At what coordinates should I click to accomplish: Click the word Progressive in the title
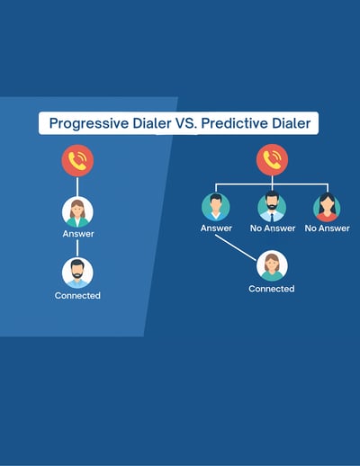point(89,123)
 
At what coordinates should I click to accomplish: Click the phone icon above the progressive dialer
point(77,160)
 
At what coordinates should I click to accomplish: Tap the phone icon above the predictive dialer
point(272,160)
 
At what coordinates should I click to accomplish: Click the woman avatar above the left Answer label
point(77,212)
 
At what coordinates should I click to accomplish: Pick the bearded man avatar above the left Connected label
point(77,273)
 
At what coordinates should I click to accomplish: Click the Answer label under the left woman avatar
point(78,234)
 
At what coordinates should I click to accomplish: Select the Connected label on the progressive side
point(77,296)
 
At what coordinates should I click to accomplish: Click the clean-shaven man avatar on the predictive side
point(216,207)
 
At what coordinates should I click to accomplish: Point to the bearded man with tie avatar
point(272,207)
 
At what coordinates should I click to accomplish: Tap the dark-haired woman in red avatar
point(327,207)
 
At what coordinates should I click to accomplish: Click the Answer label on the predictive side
point(216,229)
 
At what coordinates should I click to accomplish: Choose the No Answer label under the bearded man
point(273,229)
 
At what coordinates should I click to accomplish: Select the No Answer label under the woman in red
point(328,229)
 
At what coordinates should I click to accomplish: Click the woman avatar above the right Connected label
point(272,266)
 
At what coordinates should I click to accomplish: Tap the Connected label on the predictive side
point(272,289)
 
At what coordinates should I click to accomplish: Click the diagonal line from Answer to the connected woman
point(236,247)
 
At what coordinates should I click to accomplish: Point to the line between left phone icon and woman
point(77,186)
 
